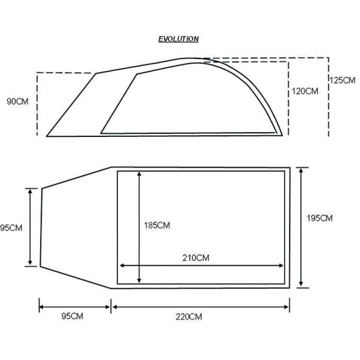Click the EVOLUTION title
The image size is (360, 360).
click(x=178, y=39)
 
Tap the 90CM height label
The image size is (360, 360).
click(x=18, y=102)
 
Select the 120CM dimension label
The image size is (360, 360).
click(x=305, y=91)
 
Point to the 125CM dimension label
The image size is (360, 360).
click(x=342, y=80)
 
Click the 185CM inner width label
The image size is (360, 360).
click(x=157, y=225)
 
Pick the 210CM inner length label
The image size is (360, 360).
click(x=196, y=258)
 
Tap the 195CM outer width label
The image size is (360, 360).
click(x=320, y=218)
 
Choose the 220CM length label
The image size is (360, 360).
click(x=189, y=317)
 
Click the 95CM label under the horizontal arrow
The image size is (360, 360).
click(x=72, y=316)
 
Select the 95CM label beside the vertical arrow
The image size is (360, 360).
click(x=11, y=228)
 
